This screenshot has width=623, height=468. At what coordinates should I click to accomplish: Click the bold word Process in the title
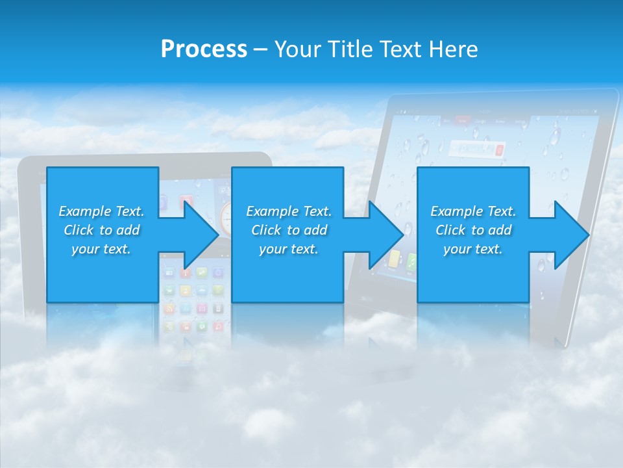pos(204,49)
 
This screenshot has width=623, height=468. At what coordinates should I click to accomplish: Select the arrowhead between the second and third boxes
pos(385,235)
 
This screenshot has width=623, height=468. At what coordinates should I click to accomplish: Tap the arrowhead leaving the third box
pos(571,235)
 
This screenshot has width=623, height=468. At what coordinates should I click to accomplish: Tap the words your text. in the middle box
pos(288,249)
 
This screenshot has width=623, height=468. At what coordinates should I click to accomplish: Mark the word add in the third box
pos(500,230)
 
